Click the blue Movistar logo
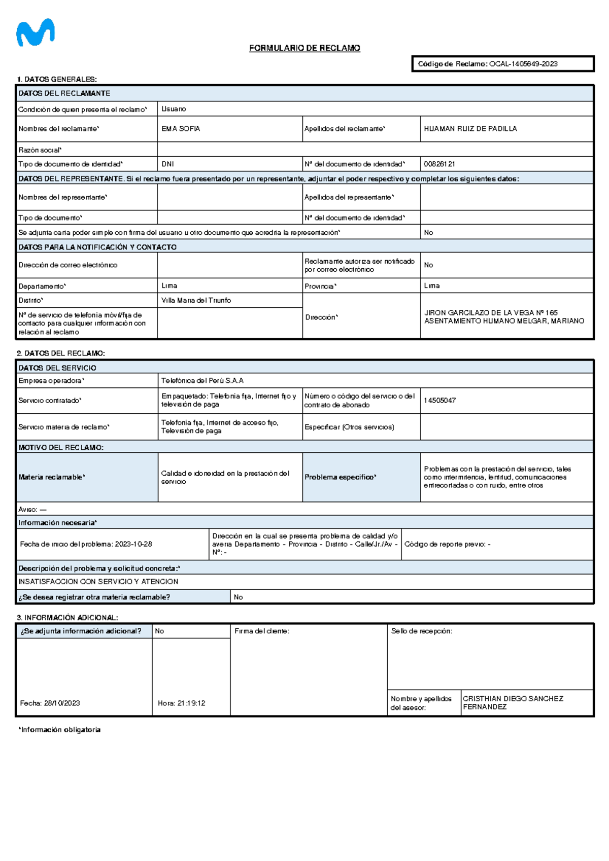[35, 33]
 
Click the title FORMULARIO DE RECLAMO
[304, 48]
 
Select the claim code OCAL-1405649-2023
[523, 64]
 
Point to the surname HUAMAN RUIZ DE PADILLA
[470, 129]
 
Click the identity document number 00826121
[439, 164]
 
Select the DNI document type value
[167, 164]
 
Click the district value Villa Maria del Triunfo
[196, 300]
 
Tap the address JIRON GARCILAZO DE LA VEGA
[490, 313]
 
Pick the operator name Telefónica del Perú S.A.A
[202, 380]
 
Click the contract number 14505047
[439, 401]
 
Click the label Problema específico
[340, 477]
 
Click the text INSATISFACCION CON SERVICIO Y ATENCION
[98, 582]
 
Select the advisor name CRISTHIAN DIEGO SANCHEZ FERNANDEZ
[513, 702]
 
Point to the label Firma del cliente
[262, 631]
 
